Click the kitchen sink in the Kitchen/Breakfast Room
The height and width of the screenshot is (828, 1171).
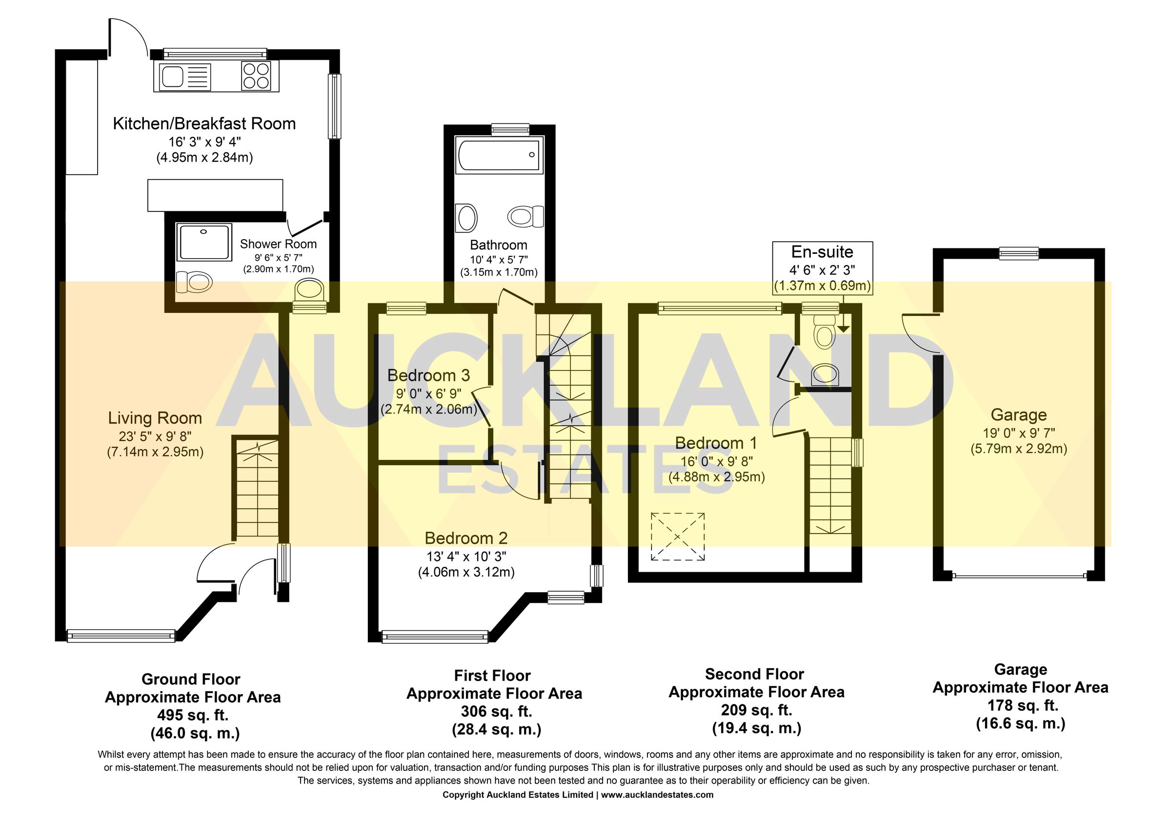click(172, 78)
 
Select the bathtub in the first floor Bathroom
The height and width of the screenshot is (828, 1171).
click(499, 154)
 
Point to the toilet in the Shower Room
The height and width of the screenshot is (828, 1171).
click(194, 281)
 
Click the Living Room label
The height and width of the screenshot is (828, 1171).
click(155, 418)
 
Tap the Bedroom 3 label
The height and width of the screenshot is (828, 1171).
click(428, 375)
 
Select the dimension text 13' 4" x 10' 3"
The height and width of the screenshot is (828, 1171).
click(465, 556)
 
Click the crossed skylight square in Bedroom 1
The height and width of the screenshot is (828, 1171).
click(677, 537)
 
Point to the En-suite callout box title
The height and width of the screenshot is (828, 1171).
click(822, 252)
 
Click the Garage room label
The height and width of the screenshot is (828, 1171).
click(1018, 415)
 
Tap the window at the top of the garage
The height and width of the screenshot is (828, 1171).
click(1018, 253)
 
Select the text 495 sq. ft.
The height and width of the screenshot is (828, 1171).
click(193, 715)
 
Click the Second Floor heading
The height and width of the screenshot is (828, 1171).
click(754, 674)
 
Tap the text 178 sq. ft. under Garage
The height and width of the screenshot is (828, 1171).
click(1021, 705)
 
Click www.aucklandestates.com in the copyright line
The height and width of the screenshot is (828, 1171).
click(657, 795)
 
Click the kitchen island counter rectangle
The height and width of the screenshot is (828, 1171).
click(215, 195)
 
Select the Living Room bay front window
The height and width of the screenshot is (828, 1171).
click(121, 636)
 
